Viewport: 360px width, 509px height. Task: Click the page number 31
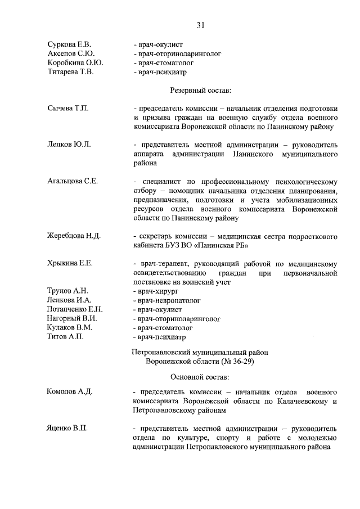[200, 25]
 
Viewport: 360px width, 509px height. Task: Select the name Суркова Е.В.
[69, 44]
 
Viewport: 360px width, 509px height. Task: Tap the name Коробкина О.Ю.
[75, 63]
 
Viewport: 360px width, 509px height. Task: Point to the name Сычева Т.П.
[68, 107]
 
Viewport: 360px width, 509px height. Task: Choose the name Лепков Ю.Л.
[69, 144]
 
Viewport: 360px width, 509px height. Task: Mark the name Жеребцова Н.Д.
[74, 236]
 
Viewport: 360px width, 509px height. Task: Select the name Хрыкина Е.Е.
[70, 263]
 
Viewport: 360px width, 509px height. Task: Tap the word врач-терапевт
[157, 263]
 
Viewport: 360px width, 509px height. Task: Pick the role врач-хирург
[155, 291]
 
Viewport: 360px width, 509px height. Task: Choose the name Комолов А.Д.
[70, 391]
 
